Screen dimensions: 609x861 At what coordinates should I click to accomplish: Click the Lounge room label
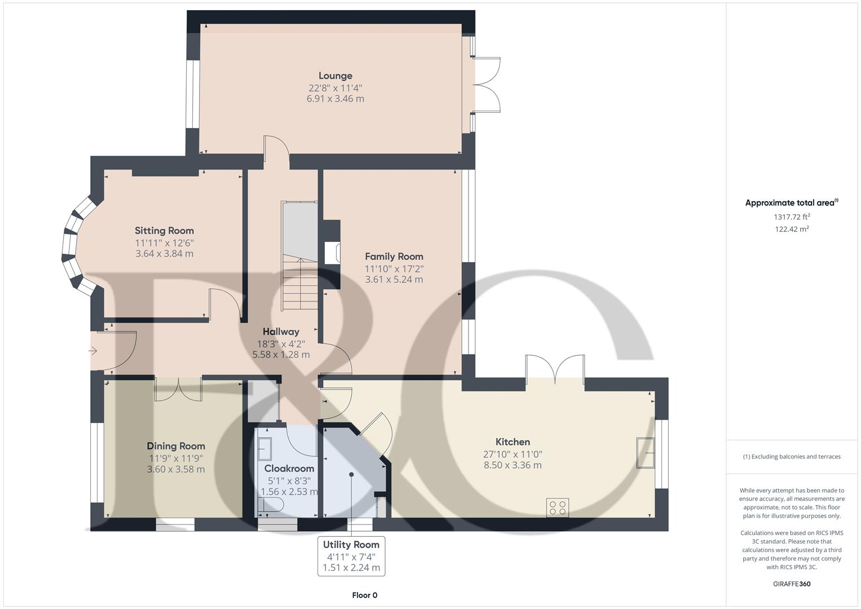[335, 76]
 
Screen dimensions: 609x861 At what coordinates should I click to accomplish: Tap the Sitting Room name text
[164, 230]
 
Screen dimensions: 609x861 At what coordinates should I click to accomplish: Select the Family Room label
[394, 256]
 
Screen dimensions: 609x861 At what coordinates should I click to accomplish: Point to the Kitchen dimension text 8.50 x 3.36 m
[513, 465]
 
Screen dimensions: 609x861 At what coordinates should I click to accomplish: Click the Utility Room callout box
[351, 556]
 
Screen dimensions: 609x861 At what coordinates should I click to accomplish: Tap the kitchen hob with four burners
[557, 507]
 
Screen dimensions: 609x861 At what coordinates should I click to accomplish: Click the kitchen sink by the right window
[645, 452]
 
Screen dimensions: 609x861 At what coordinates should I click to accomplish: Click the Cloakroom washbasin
[264, 448]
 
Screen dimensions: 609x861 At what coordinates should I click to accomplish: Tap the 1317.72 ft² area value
[792, 217]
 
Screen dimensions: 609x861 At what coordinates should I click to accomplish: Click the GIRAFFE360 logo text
[791, 584]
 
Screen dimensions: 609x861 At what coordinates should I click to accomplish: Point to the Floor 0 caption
[364, 595]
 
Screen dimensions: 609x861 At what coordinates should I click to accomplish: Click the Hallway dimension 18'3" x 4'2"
[281, 343]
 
